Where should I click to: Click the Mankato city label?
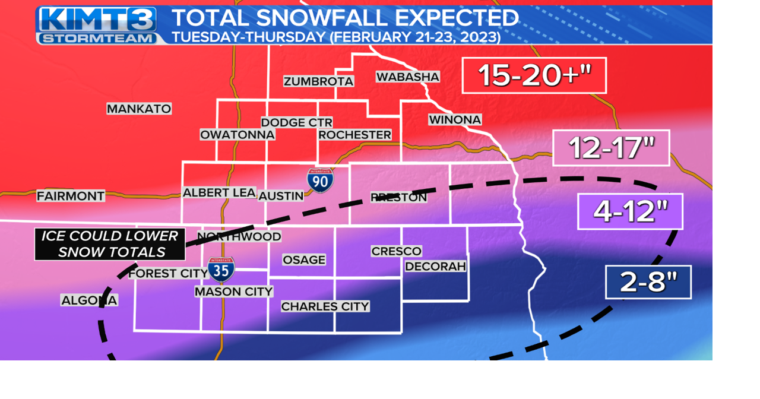[139, 109]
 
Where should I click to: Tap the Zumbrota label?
[318, 81]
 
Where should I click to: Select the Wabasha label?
[408, 77]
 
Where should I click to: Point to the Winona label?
[455, 120]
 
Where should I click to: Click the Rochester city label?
[354, 135]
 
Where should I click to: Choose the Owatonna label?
[237, 135]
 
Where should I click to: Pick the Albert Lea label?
[219, 193]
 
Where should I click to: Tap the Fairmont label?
[71, 196]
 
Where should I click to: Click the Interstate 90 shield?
[320, 180]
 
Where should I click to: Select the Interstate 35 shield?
[221, 269]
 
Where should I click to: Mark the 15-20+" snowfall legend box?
[534, 75]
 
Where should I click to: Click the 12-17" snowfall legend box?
[611, 148]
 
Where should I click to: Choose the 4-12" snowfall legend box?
[630, 211]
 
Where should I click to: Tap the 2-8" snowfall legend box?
[648, 282]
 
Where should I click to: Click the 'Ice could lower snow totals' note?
[110, 244]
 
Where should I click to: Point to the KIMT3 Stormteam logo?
[98, 25]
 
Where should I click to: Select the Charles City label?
[325, 306]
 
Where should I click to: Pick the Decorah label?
[435, 267]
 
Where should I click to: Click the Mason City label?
[234, 292]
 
